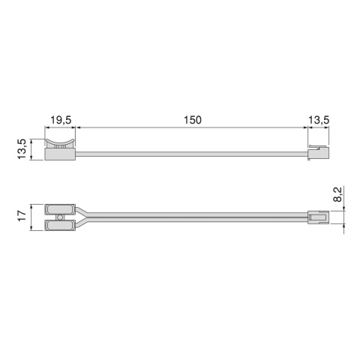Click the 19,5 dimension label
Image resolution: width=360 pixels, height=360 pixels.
pyautogui.click(x=61, y=120)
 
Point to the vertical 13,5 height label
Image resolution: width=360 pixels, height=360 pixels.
pyautogui.click(x=22, y=147)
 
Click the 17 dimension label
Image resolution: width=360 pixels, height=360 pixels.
pyautogui.click(x=22, y=215)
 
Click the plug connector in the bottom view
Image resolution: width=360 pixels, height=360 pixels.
pyautogui.click(x=319, y=217)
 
